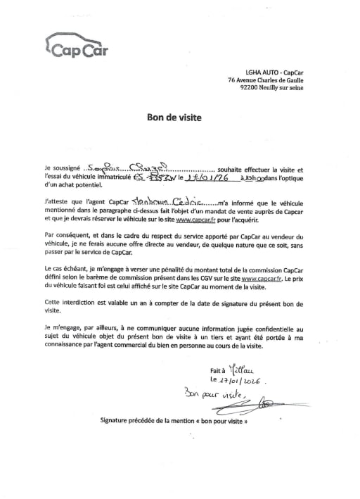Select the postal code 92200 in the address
[x=251, y=90]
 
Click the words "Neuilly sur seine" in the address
[x=283, y=90]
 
